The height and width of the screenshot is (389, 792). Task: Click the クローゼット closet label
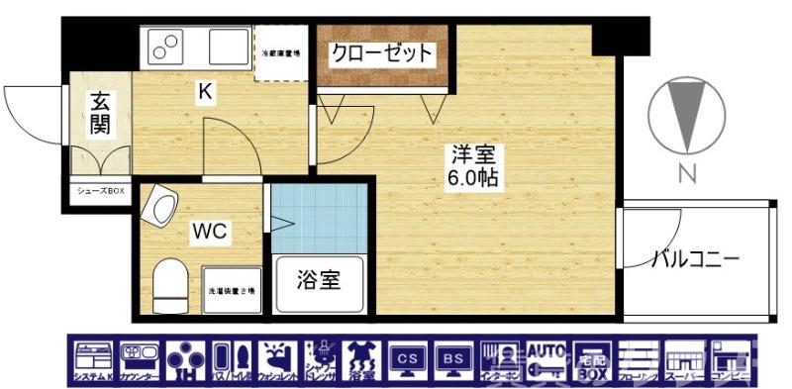(381, 52)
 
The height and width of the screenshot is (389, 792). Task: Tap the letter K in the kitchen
(204, 92)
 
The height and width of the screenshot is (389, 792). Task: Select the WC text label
(210, 233)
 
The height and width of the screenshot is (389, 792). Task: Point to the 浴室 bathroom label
(319, 280)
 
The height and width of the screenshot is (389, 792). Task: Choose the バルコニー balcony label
(695, 259)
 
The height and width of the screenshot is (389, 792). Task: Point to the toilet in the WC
(170, 282)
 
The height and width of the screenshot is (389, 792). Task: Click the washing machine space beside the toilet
(232, 290)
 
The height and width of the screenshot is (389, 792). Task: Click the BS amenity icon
(453, 356)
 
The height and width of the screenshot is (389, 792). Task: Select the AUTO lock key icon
(544, 356)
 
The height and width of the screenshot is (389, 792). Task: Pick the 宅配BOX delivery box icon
(591, 356)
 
